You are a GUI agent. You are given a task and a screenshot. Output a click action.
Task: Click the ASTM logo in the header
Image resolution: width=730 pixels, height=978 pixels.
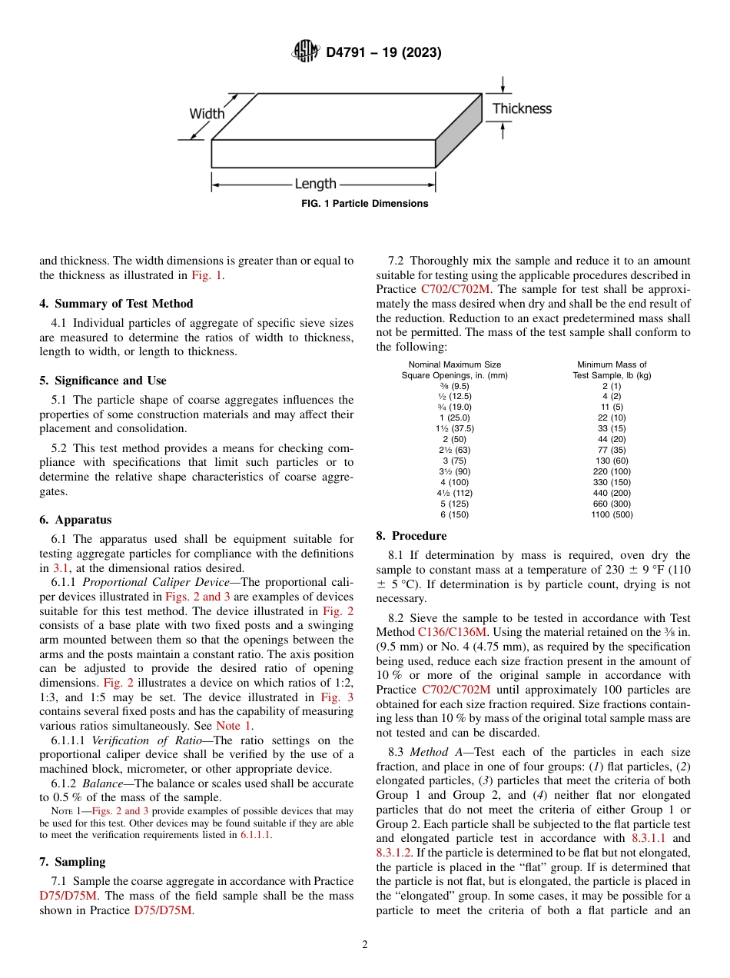(x=306, y=52)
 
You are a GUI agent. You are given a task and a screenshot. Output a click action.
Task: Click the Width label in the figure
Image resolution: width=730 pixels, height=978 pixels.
(x=207, y=114)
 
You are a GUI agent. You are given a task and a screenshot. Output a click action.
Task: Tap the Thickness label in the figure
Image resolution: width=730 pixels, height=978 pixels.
(x=522, y=108)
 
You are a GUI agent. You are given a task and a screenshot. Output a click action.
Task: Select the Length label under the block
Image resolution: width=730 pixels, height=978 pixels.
(x=315, y=184)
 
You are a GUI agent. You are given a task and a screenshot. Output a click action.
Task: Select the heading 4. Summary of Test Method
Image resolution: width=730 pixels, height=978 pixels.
(x=116, y=304)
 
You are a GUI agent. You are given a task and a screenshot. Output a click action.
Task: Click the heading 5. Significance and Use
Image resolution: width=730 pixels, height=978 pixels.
(x=102, y=381)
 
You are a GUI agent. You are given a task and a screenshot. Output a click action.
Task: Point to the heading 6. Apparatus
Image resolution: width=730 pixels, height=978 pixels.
(x=75, y=520)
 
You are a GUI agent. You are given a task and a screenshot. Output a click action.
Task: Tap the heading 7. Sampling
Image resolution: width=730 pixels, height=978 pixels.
(x=72, y=862)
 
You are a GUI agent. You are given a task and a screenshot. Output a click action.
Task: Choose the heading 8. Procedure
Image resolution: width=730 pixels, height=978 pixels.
(x=411, y=535)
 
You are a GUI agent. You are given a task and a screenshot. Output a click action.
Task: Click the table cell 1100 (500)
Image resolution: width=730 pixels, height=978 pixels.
(x=612, y=514)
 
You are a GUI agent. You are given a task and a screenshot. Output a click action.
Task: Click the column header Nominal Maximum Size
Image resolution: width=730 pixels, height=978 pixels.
(x=454, y=364)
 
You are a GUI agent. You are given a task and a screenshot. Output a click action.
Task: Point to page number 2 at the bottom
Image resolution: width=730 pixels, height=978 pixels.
(x=365, y=945)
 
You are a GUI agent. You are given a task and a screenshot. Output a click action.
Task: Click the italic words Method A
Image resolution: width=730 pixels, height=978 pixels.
(x=434, y=751)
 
